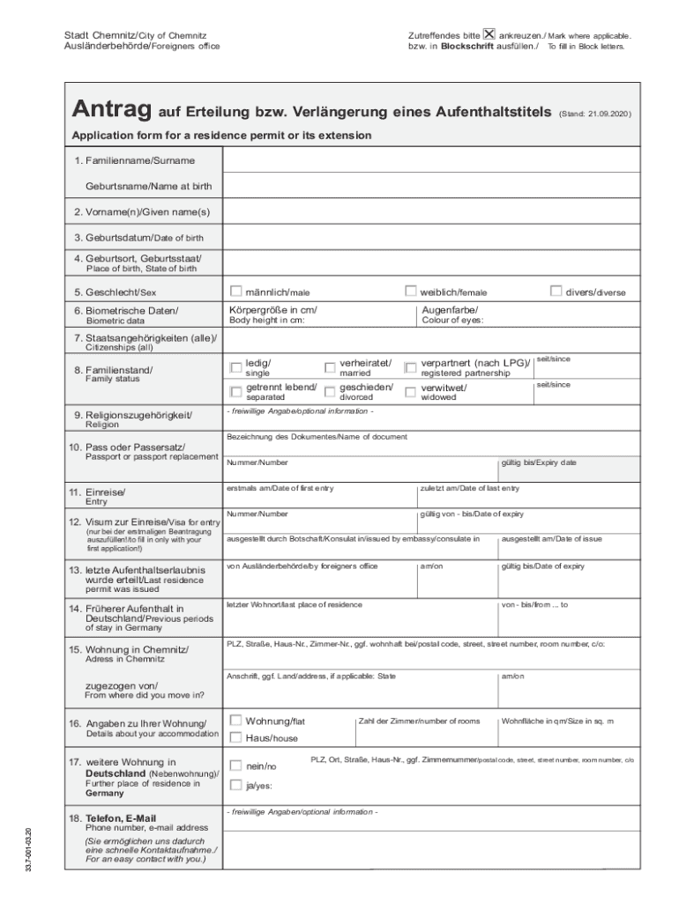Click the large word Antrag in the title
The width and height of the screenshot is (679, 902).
point(112,112)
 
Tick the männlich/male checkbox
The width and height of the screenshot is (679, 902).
point(236,291)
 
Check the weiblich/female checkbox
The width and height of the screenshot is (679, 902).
point(410,291)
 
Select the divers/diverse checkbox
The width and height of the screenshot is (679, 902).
point(556,291)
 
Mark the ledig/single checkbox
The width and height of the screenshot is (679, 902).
point(235,367)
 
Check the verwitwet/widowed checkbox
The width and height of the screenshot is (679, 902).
point(410,391)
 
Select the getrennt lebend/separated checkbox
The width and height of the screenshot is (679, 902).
point(235,391)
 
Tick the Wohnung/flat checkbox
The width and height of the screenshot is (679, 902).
point(235,721)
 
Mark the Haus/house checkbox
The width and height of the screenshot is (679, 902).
point(235,737)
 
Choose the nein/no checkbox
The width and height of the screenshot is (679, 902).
point(235,765)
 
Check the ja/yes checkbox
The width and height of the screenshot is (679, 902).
point(235,785)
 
